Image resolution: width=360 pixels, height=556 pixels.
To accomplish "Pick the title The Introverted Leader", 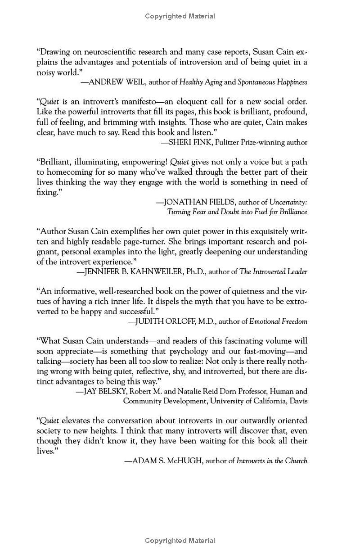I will [x=273, y=271].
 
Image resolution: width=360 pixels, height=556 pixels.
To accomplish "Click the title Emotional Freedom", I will [x=278, y=321].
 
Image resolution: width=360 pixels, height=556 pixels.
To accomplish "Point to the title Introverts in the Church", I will [x=272, y=461].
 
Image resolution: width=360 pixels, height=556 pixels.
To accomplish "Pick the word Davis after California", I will [x=298, y=401].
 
